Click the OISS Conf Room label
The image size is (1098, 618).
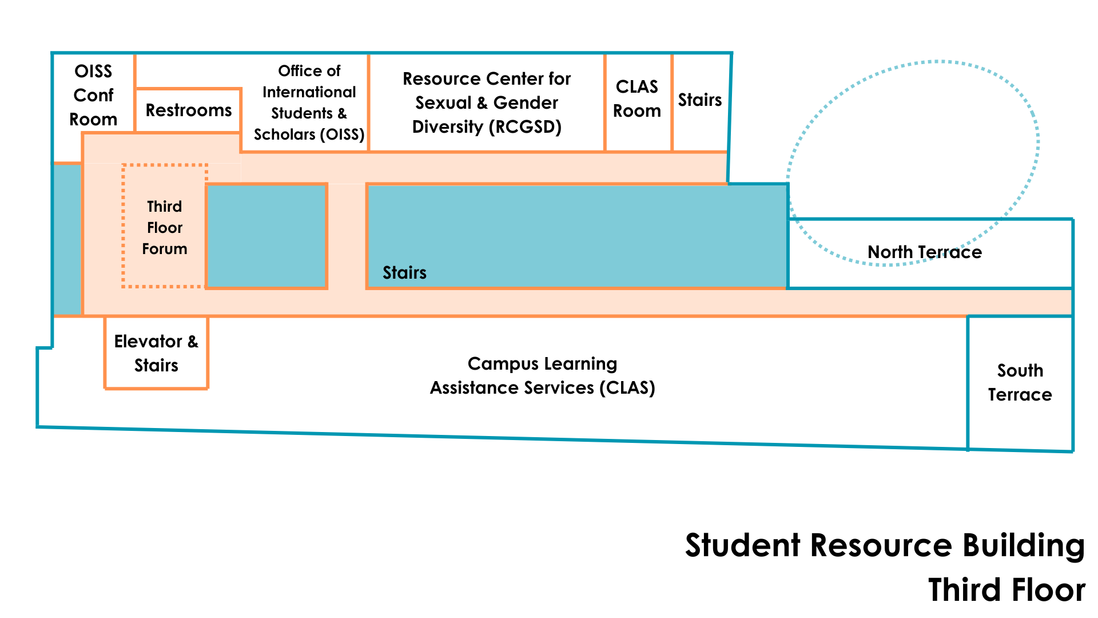tap(93, 95)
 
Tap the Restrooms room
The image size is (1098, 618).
tap(188, 110)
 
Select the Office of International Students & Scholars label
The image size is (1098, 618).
tap(309, 102)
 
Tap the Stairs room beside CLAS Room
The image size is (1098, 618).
tap(700, 100)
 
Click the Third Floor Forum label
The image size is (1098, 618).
tap(165, 227)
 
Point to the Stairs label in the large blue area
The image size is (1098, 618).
tap(404, 272)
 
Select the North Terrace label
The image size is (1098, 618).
tap(924, 252)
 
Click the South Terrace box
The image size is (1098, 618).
tap(1020, 382)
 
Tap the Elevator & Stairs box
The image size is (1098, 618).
tap(156, 353)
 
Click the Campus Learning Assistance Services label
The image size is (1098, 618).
tap(542, 375)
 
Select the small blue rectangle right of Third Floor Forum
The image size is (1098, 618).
tap(266, 236)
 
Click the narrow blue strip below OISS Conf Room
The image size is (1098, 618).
tap(67, 239)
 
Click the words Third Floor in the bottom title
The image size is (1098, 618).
tap(1006, 590)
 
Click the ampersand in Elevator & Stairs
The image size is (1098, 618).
tap(193, 342)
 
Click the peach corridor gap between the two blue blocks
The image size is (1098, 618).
tap(347, 236)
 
